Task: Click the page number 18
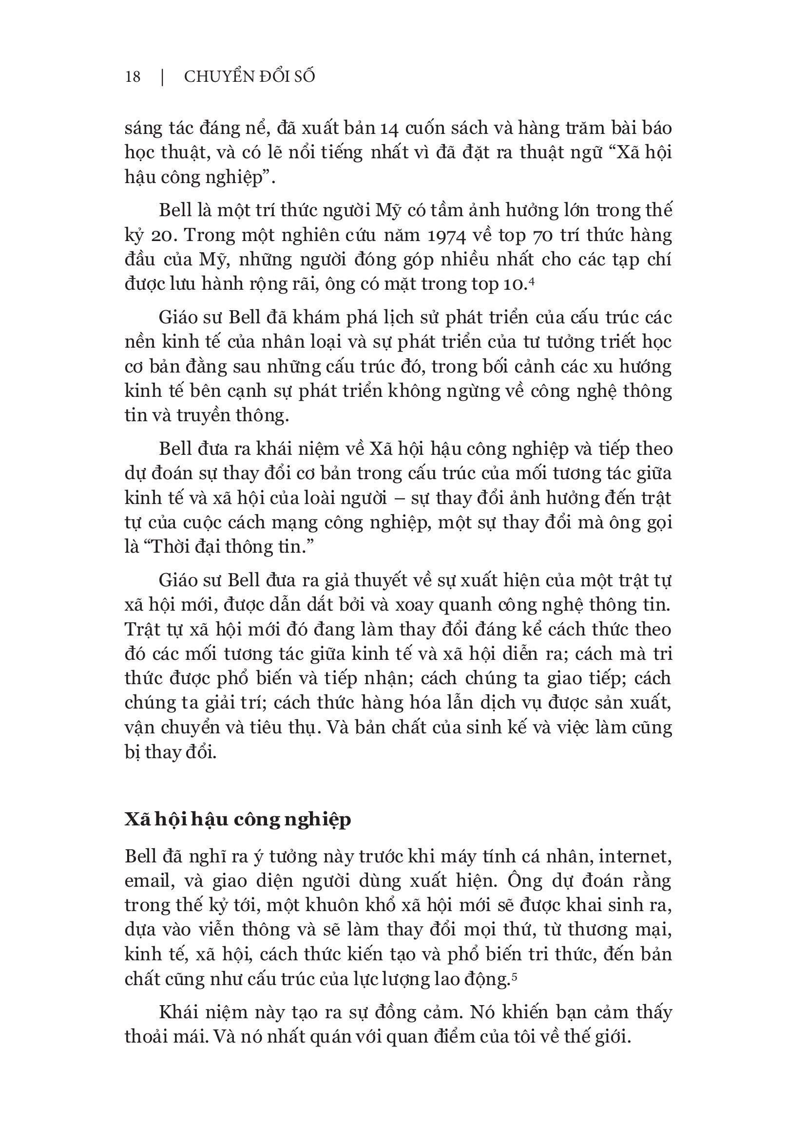[133, 77]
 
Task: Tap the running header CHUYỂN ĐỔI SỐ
[249, 77]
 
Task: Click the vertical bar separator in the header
[163, 77]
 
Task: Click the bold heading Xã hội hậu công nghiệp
[238, 820]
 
